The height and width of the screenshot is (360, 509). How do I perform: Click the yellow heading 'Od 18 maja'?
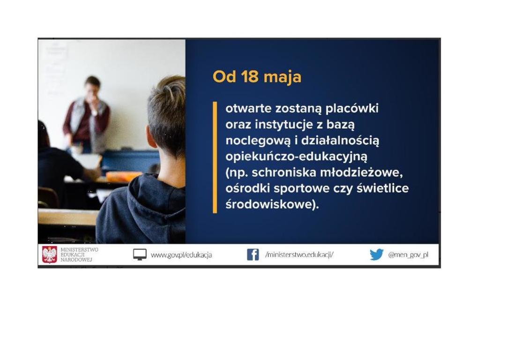click(257, 77)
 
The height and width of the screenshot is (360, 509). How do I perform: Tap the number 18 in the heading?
click(250, 76)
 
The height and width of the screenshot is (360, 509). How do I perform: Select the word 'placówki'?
click(352, 108)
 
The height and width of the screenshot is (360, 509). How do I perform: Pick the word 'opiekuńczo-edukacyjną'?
click(296, 157)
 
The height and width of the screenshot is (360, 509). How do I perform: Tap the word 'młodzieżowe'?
click(361, 172)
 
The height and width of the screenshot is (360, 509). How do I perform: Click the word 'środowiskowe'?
click(269, 204)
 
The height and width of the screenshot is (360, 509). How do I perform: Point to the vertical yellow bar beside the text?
click(215, 157)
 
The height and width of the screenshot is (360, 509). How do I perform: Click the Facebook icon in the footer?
click(253, 255)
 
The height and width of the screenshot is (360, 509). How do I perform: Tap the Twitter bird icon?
click(376, 255)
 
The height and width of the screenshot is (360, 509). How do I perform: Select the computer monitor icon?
click(140, 255)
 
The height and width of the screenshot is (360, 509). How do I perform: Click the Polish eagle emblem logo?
click(50, 255)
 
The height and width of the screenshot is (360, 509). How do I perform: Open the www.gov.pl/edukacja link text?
click(181, 255)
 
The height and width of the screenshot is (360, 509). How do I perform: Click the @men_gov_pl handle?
click(408, 255)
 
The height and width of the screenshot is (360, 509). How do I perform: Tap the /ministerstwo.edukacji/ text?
click(299, 255)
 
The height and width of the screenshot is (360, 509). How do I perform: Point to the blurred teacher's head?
click(92, 87)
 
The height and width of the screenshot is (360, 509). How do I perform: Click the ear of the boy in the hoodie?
click(150, 138)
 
